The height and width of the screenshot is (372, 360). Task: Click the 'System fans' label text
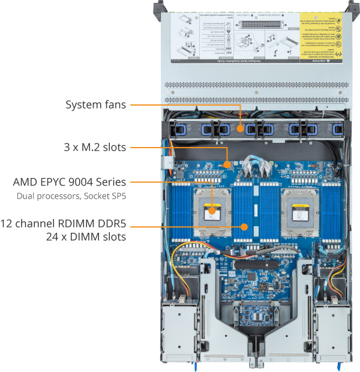(95, 105)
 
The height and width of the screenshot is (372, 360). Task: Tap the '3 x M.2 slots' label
(96, 146)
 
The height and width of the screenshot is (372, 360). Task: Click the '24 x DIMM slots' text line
(88, 237)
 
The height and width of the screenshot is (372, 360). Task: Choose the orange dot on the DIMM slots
(244, 227)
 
